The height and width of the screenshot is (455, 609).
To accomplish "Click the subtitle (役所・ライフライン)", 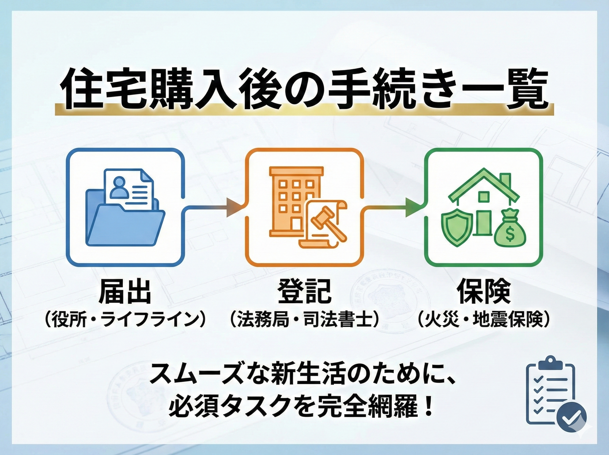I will [x=125, y=320].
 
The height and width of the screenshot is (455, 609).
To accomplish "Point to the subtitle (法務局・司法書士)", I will [x=304, y=320].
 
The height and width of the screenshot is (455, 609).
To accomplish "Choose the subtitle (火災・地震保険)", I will [x=483, y=320].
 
